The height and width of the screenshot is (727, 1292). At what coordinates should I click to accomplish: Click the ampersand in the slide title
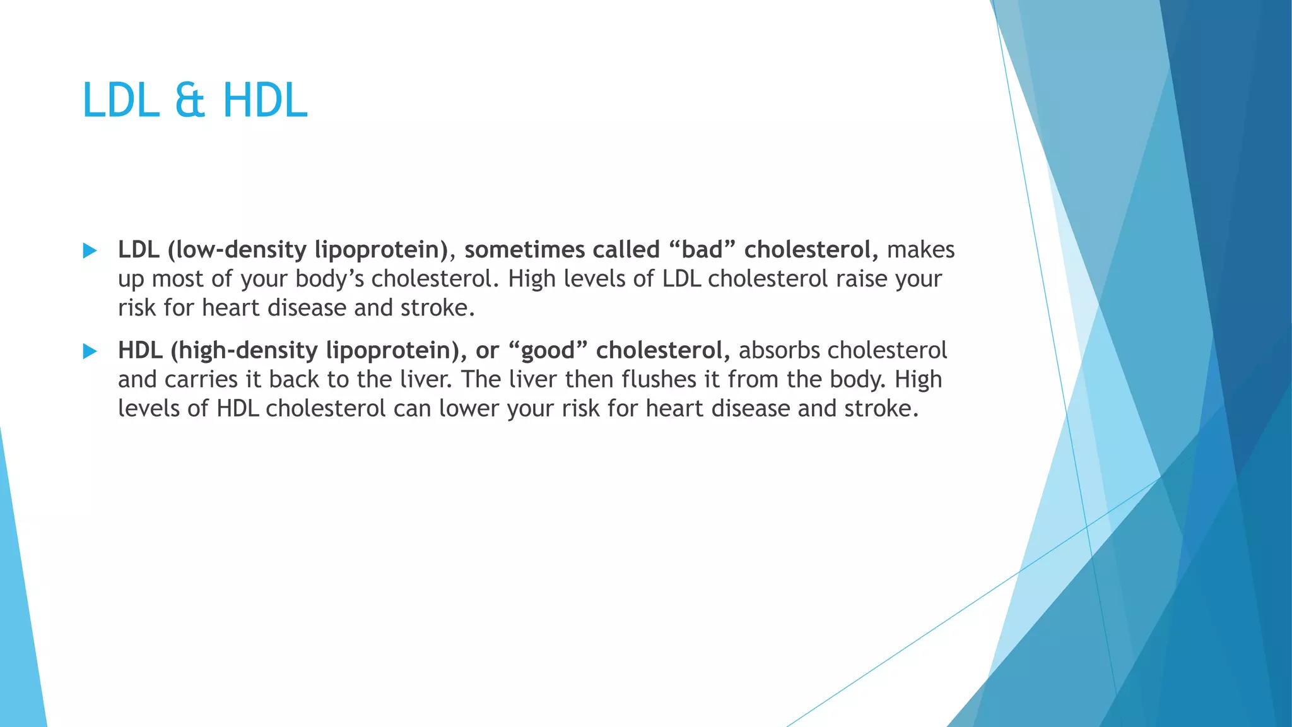[190, 101]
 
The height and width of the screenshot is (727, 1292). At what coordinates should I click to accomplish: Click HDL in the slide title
[265, 101]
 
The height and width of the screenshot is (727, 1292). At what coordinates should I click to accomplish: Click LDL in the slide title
[120, 101]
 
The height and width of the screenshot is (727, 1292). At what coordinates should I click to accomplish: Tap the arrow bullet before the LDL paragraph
[90, 251]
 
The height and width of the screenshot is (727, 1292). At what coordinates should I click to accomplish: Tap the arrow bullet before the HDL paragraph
[90, 352]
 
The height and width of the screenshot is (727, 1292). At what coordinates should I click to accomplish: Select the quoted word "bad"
[702, 250]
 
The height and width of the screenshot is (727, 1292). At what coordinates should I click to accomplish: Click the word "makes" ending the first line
[920, 250]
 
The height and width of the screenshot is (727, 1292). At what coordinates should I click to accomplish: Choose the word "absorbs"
[779, 350]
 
